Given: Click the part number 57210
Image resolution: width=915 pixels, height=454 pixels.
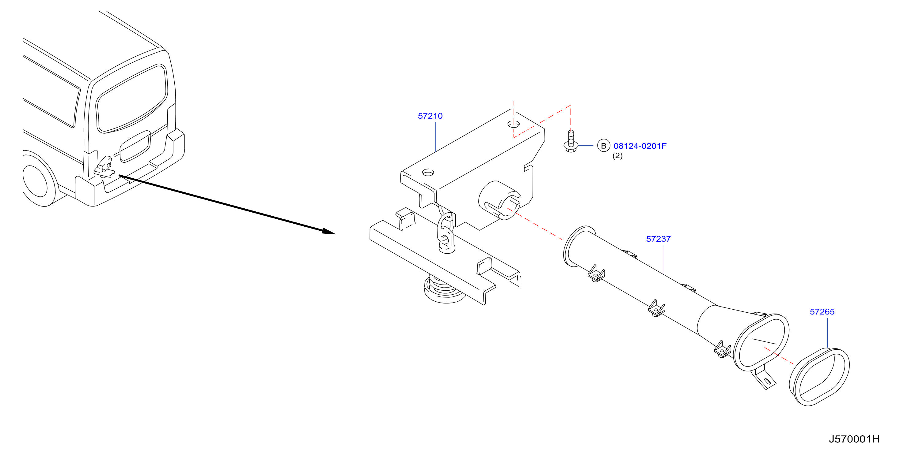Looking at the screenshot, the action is (x=430, y=116).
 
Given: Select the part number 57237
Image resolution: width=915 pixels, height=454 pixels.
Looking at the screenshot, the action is (x=658, y=239).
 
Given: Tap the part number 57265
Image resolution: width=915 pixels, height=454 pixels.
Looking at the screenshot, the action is (x=822, y=312).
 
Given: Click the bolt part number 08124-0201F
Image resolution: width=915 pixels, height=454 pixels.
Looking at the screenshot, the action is (x=640, y=146).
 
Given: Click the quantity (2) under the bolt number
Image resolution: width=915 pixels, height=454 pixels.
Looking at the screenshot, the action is (x=617, y=156).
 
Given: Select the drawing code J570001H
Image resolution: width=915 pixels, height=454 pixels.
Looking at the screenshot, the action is (x=854, y=439).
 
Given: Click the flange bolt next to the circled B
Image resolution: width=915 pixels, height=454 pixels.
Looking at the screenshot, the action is (x=571, y=142).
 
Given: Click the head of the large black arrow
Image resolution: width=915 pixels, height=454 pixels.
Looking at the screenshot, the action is (x=328, y=232).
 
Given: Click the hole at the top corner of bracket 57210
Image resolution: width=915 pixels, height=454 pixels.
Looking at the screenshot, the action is (x=513, y=125).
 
